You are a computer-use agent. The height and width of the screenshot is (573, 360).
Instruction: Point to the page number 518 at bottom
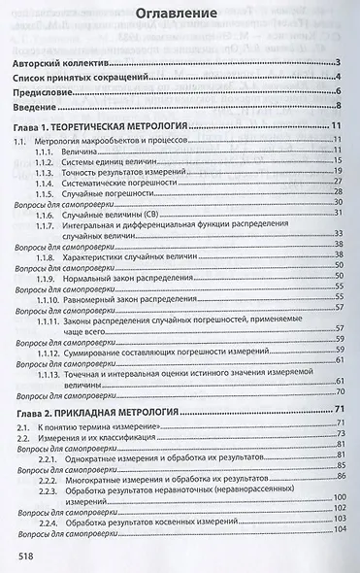click(29, 555)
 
